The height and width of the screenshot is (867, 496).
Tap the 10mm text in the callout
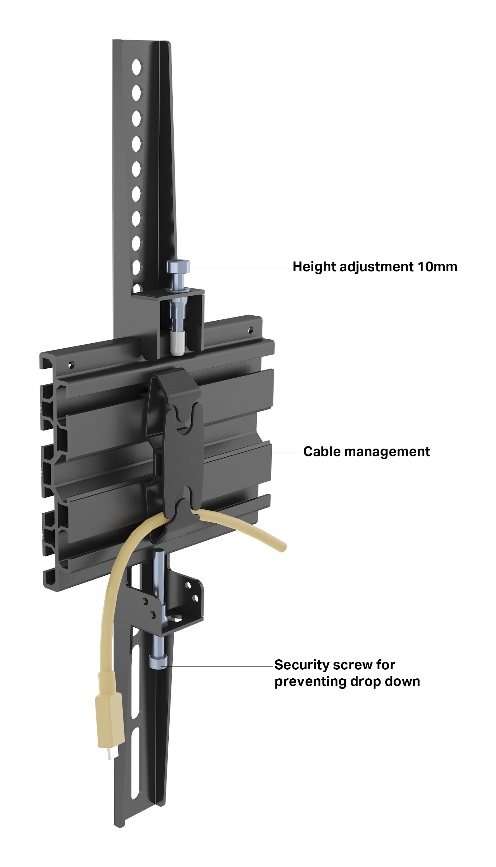437,266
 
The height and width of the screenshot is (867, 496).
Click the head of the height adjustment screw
178,266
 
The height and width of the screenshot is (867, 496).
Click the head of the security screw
158,662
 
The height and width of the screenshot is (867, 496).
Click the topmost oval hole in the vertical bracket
136,67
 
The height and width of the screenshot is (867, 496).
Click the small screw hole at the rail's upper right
250,330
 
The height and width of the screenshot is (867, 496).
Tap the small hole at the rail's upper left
71,365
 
